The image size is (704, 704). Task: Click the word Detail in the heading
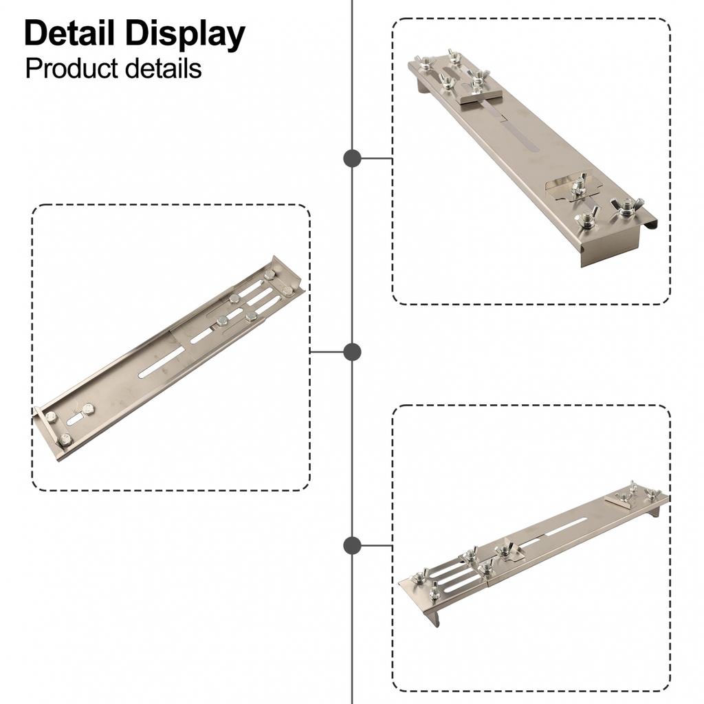pos(69,33)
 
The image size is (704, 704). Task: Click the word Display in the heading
pos(185,36)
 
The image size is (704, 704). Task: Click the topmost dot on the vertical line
pos(352,159)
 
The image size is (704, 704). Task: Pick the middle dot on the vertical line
pos(352,352)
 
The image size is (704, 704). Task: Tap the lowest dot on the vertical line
pos(352,545)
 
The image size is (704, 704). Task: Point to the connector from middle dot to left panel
pos(327,352)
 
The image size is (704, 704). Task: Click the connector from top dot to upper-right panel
pos(377,159)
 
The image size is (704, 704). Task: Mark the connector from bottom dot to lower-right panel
pos(377,545)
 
